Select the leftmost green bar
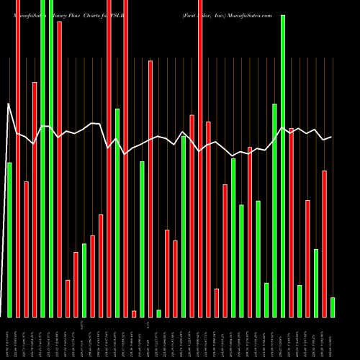(x=9, y=239)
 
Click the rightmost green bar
(x=333, y=307)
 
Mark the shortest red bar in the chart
(x=134, y=313)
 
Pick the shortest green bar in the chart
(x=159, y=313)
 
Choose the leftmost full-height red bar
(x=18, y=158)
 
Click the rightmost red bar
(x=325, y=243)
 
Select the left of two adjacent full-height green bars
(x=42, y=158)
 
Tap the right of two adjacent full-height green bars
(x=51, y=158)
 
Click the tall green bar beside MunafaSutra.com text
(x=283, y=166)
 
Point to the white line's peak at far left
(x=9, y=104)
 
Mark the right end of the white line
(x=331, y=137)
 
